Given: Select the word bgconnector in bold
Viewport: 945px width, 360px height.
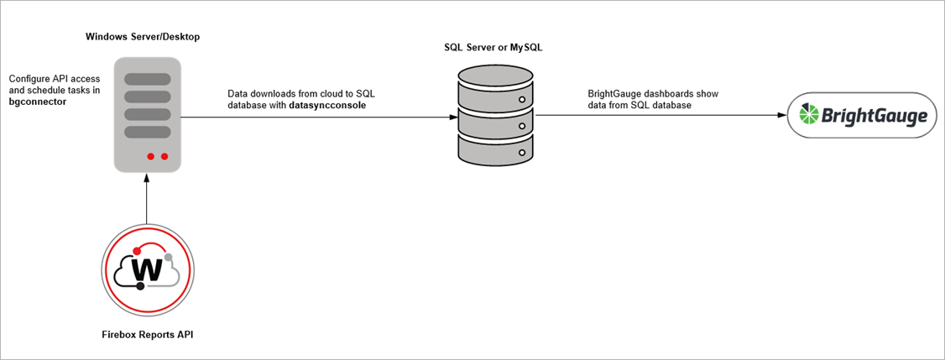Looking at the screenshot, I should point(38,101).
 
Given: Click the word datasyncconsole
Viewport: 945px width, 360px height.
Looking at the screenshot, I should point(320,106).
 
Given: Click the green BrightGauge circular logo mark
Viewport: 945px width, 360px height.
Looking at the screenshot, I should point(809,115).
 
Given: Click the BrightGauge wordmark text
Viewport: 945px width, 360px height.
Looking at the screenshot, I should point(875,116).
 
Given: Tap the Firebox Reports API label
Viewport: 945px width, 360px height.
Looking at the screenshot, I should point(147,335).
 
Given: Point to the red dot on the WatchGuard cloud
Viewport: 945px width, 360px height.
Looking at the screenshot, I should point(137,249).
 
